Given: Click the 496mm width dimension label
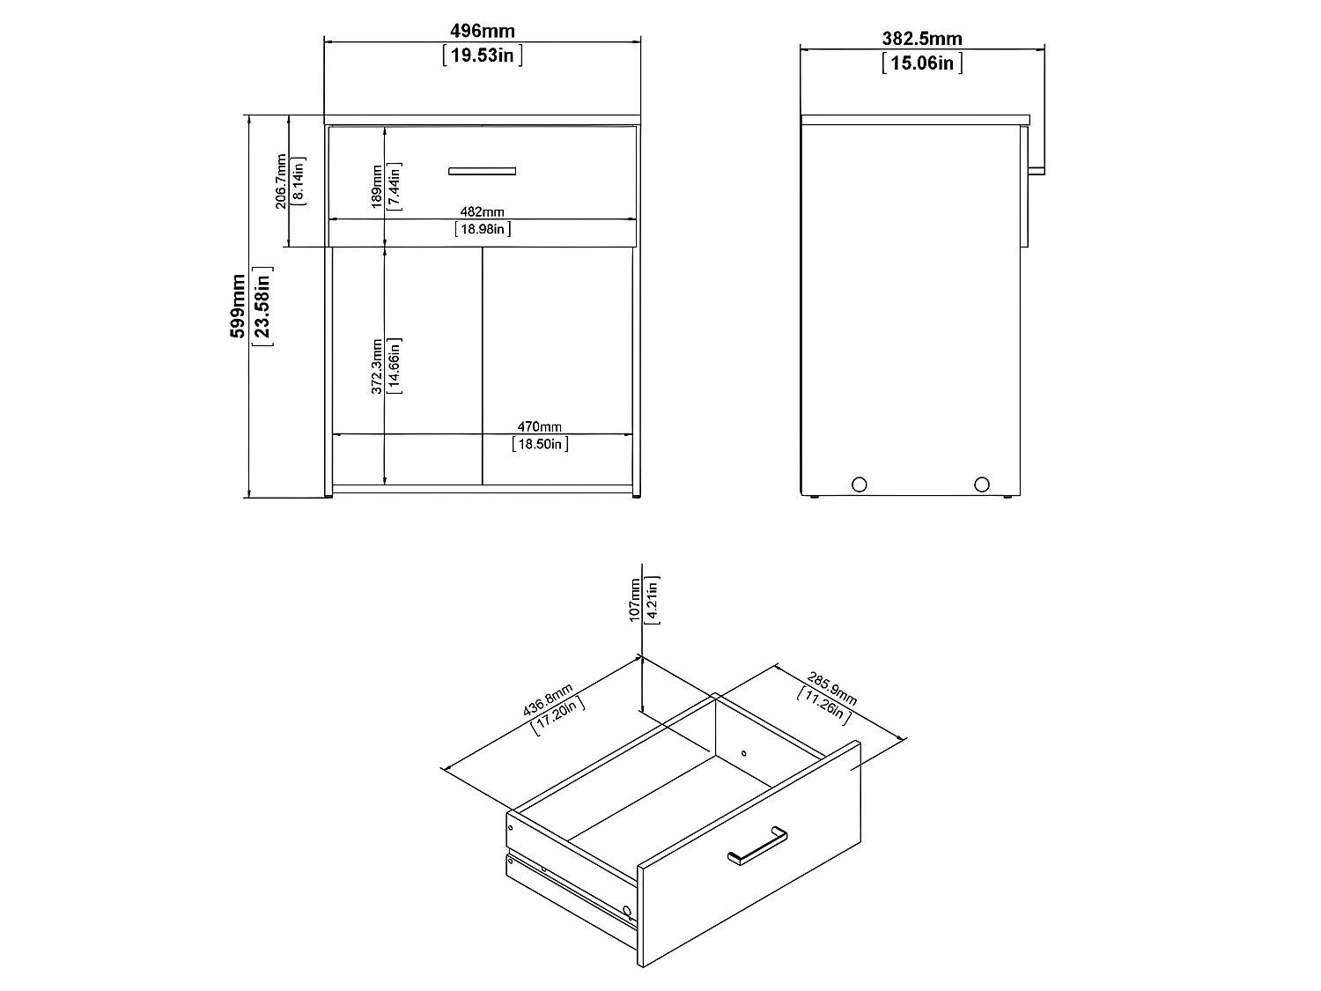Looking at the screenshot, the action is [x=482, y=31].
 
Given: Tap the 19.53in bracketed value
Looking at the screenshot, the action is [x=482, y=55].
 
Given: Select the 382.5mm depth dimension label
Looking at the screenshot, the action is [x=922, y=39].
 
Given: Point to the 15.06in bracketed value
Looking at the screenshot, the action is [x=922, y=63].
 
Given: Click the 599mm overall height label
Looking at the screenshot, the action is [x=238, y=307].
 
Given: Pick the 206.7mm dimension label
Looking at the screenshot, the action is [x=281, y=181].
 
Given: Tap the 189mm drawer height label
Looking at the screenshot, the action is [x=377, y=187].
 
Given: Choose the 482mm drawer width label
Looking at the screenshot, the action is [x=482, y=211].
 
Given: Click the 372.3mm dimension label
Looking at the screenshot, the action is [x=377, y=366].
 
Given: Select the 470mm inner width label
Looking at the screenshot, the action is [x=539, y=426].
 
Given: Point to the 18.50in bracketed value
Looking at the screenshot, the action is [x=540, y=444].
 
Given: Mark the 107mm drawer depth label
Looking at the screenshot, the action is [x=634, y=600].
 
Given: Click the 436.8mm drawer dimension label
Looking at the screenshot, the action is [x=547, y=699].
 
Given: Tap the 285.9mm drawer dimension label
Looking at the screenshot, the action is [x=831, y=688].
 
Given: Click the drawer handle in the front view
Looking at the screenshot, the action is [x=482, y=172].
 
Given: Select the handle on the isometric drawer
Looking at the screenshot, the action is [x=757, y=846].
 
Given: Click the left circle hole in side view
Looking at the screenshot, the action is [x=860, y=484].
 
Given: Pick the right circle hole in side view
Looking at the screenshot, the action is [x=982, y=484].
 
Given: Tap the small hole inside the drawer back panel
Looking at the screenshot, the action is [x=744, y=753].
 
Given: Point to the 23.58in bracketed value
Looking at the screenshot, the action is [x=262, y=307].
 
